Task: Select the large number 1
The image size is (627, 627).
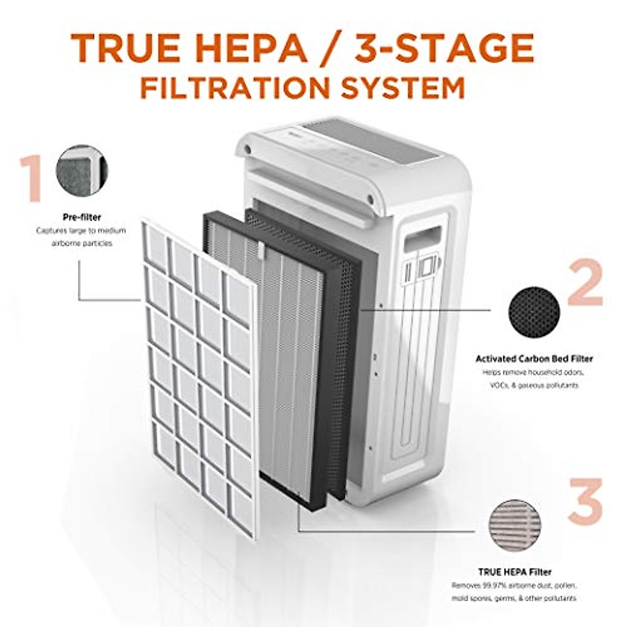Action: coord(32,179)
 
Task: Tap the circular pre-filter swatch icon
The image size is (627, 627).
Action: coord(81,170)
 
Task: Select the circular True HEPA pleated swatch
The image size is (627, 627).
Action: coord(515,525)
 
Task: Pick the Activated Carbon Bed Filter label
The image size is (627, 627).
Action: coord(534,359)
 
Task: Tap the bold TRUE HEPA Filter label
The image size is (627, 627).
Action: coord(515,572)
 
